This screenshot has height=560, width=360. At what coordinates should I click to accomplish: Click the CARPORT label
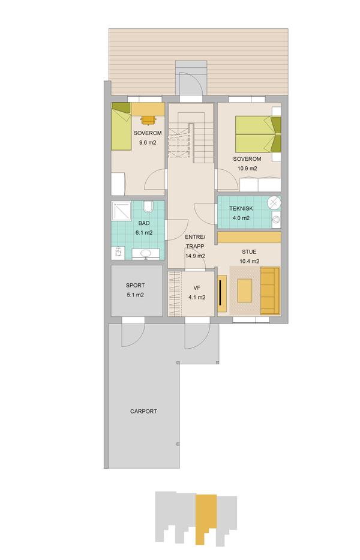click(143, 411)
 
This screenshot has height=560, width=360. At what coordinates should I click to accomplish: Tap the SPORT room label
click(136, 285)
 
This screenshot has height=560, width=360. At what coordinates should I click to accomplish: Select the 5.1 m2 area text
click(136, 295)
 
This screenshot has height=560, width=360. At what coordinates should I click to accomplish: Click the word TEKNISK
click(241, 208)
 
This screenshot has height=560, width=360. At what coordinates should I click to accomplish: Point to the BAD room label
click(144, 223)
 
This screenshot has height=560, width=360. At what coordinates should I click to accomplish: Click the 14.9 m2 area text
click(195, 256)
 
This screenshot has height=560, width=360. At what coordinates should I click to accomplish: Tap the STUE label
click(249, 251)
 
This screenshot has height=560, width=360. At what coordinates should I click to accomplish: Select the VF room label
click(197, 288)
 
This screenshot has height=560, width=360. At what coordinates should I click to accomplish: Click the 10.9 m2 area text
click(247, 168)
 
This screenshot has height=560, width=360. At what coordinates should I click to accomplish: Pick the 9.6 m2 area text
click(148, 142)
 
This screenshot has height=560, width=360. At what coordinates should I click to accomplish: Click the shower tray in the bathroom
click(121, 211)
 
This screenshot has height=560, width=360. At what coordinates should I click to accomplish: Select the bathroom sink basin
click(145, 253)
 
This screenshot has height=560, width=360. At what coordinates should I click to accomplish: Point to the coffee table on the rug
click(244, 291)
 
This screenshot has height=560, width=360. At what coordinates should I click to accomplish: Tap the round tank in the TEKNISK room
click(274, 203)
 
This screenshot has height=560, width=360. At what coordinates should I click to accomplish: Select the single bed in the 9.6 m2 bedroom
click(121, 126)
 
